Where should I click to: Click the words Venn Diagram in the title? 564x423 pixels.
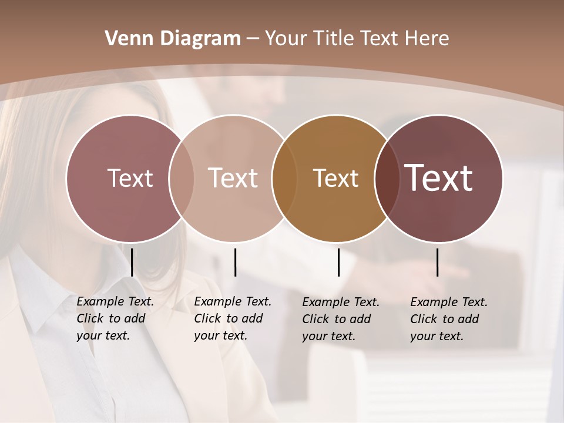(x=173, y=39)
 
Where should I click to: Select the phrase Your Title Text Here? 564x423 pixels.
(x=357, y=39)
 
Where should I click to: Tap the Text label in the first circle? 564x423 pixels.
(x=130, y=178)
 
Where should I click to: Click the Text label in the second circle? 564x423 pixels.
(x=233, y=178)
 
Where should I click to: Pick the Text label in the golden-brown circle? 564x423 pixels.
(x=335, y=178)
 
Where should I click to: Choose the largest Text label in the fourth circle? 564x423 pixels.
(x=439, y=177)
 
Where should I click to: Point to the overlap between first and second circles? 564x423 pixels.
(x=182, y=179)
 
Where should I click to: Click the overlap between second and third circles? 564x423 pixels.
(x=284, y=179)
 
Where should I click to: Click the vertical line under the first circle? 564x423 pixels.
(x=132, y=262)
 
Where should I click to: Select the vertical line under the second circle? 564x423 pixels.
(x=235, y=262)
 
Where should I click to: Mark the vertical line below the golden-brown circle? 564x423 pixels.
(x=338, y=262)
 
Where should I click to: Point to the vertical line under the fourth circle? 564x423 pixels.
(x=438, y=262)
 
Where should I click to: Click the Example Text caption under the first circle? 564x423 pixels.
(x=115, y=318)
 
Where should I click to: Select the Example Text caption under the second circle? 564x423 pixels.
(x=233, y=318)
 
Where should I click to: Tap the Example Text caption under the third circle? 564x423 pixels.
(x=341, y=319)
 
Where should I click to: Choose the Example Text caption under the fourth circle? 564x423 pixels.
(x=449, y=319)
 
